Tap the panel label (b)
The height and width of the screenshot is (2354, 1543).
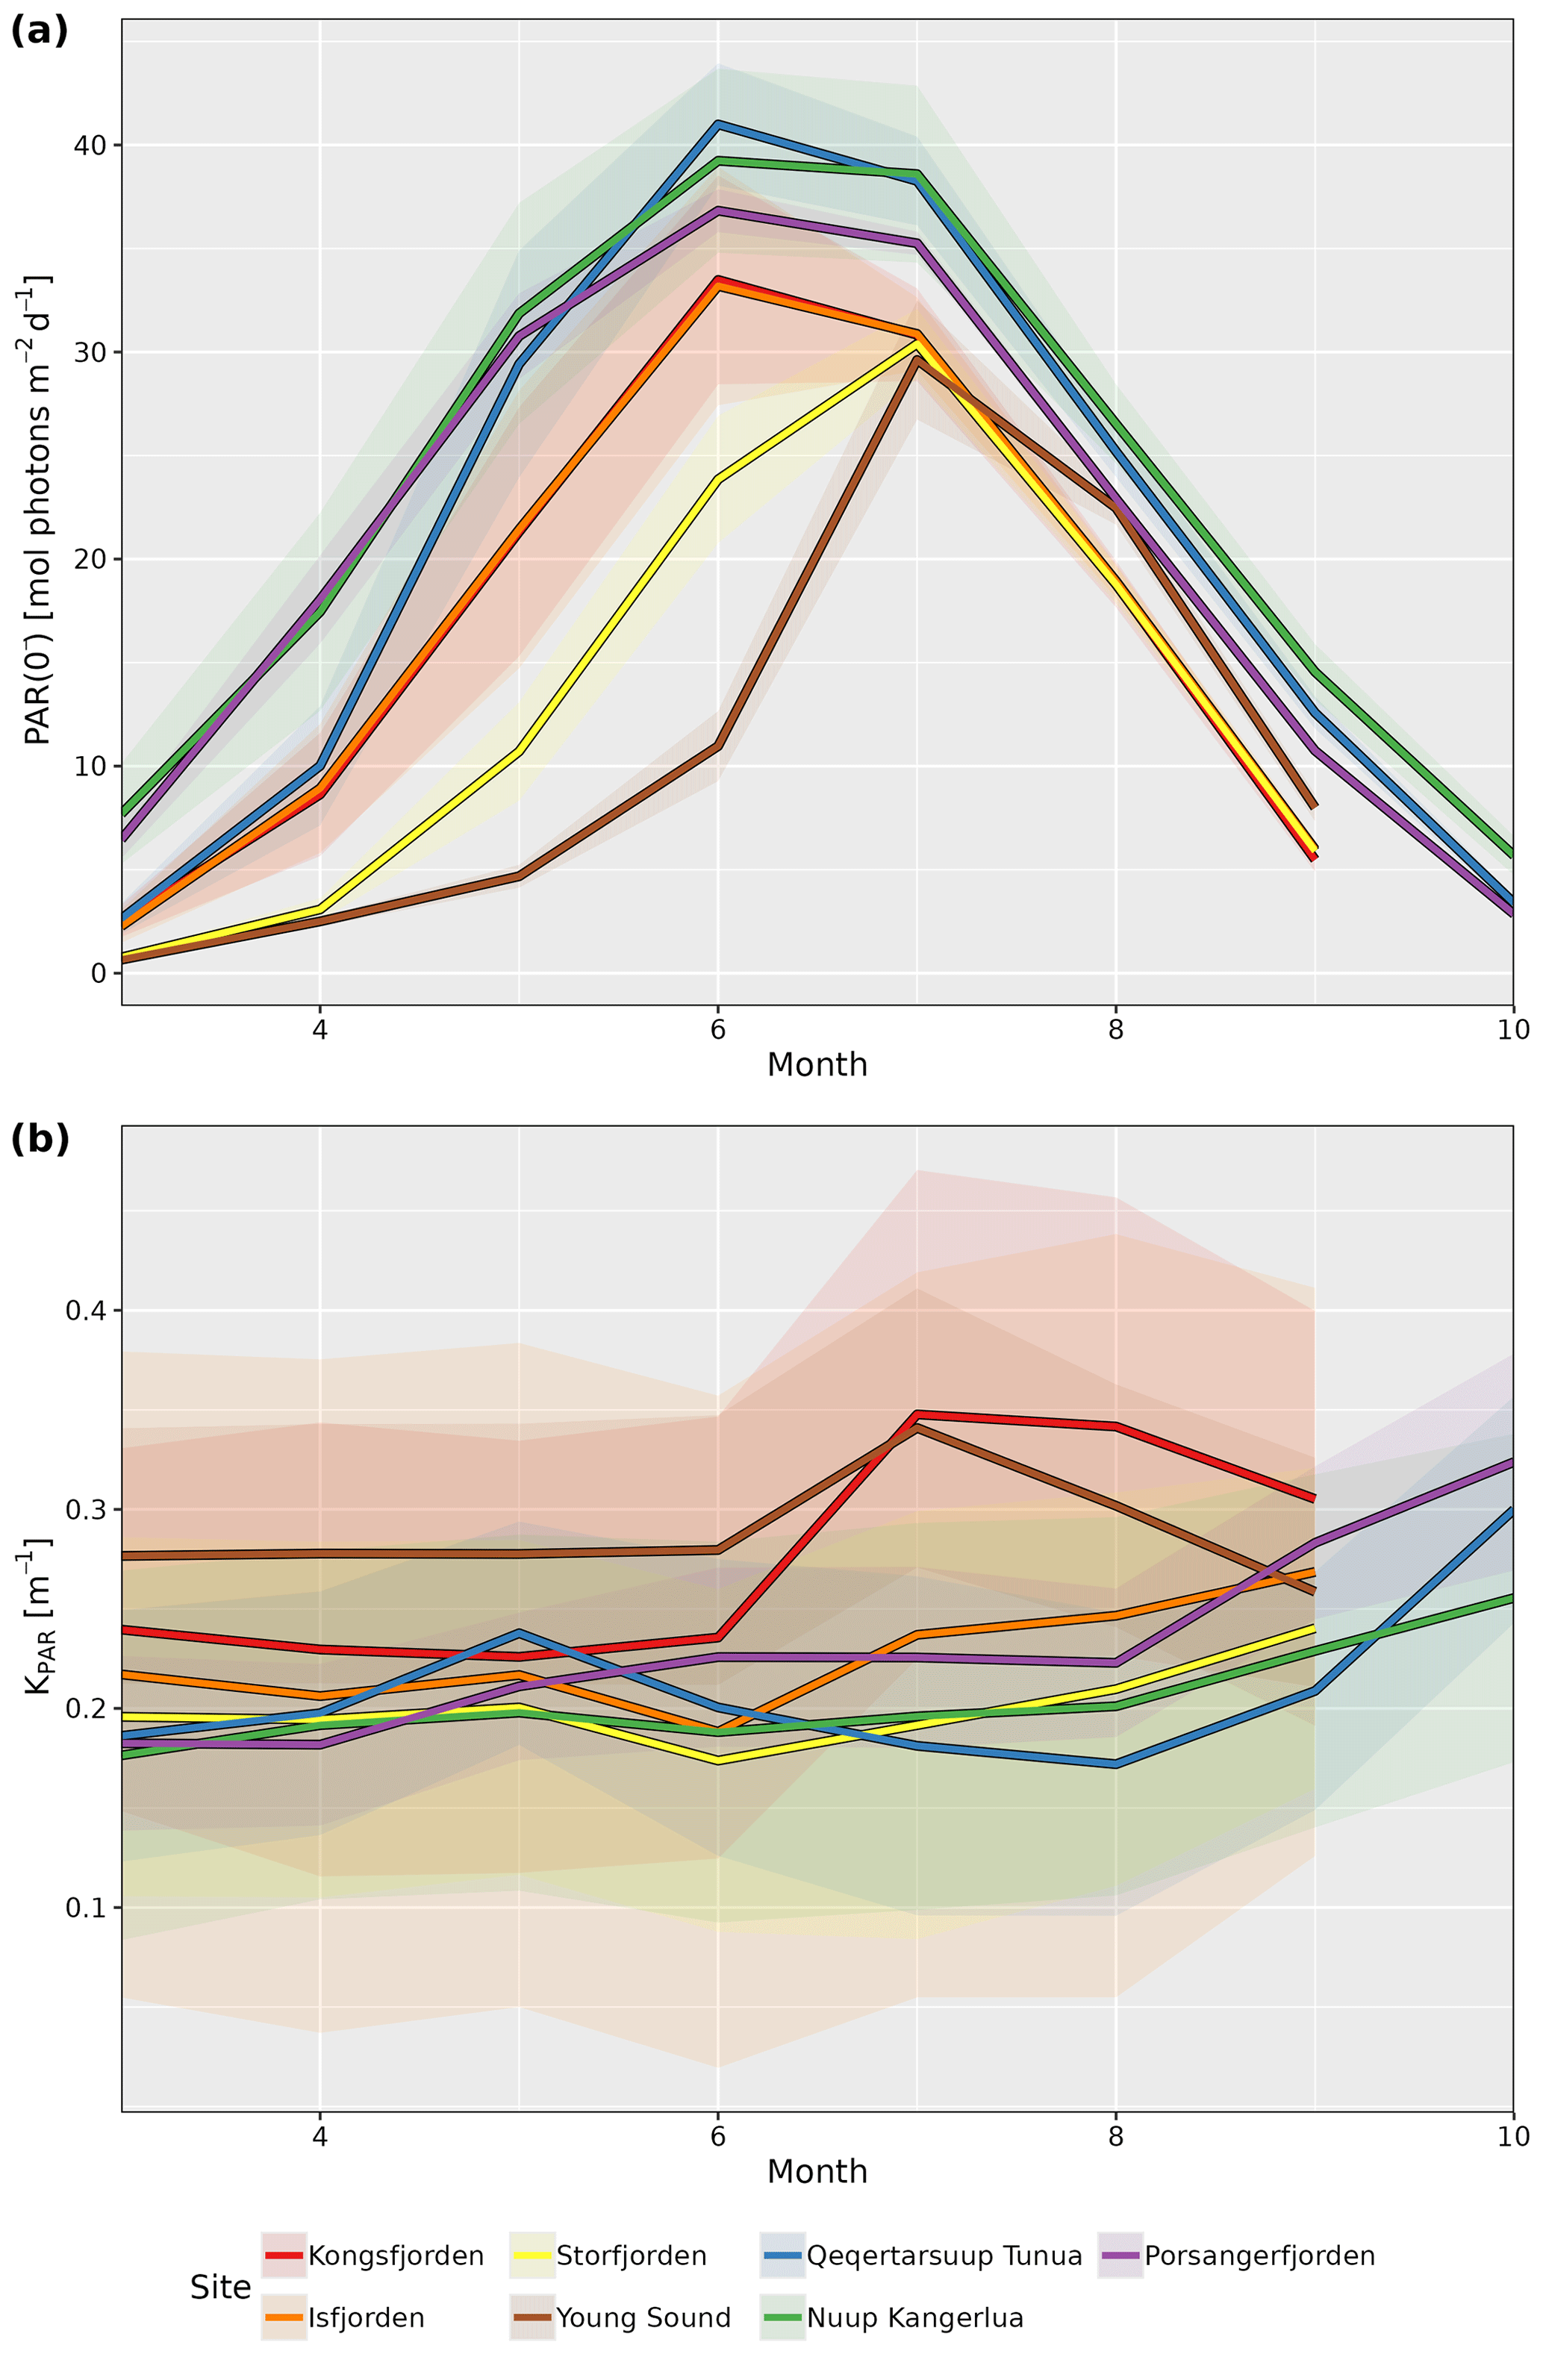tap(40, 1140)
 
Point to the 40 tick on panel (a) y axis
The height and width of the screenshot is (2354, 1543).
tap(92, 146)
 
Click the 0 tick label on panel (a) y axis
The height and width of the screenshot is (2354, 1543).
tap(99, 973)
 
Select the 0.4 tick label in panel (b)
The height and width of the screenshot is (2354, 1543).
tap(85, 1311)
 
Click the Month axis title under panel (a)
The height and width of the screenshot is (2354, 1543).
tap(817, 1065)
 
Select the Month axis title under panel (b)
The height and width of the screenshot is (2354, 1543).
tap(817, 2171)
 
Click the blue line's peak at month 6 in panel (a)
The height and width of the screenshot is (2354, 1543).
tap(718, 124)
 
